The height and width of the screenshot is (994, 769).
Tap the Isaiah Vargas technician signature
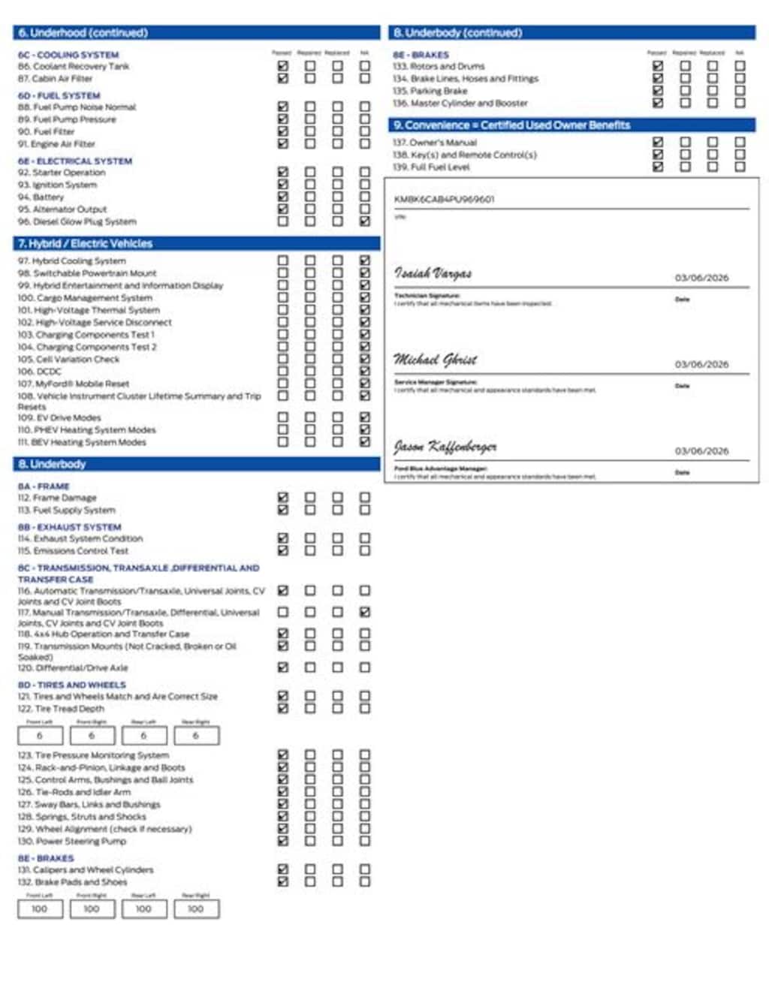pyautogui.click(x=433, y=273)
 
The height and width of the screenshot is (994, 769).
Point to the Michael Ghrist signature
pyautogui.click(x=436, y=360)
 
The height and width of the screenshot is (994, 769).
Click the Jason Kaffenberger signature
pyautogui.click(x=445, y=447)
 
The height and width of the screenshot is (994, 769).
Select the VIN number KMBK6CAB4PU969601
pyautogui.click(x=444, y=199)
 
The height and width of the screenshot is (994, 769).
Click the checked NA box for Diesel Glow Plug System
pyautogui.click(x=364, y=221)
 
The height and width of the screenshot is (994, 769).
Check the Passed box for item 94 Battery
pyautogui.click(x=282, y=197)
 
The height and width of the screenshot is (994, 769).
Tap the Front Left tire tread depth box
pyautogui.click(x=40, y=736)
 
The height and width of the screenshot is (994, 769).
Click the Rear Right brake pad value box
pyautogui.click(x=196, y=909)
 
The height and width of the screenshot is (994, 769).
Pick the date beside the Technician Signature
pyautogui.click(x=701, y=278)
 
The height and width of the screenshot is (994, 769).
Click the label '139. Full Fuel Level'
pyautogui.click(x=431, y=167)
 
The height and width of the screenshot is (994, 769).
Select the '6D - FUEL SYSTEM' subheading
pyautogui.click(x=59, y=95)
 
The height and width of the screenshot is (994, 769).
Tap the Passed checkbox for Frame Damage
pyautogui.click(x=282, y=497)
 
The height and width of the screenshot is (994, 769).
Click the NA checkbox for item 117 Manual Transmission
pyautogui.click(x=364, y=612)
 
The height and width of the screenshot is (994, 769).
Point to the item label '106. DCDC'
pyautogui.click(x=40, y=371)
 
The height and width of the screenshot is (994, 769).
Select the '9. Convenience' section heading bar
pyautogui.click(x=511, y=125)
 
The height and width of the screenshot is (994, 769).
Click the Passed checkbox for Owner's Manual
pyautogui.click(x=658, y=142)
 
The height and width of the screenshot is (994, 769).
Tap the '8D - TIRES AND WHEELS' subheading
pyautogui.click(x=71, y=685)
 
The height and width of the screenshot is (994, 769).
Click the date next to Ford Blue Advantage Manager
pyautogui.click(x=701, y=451)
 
